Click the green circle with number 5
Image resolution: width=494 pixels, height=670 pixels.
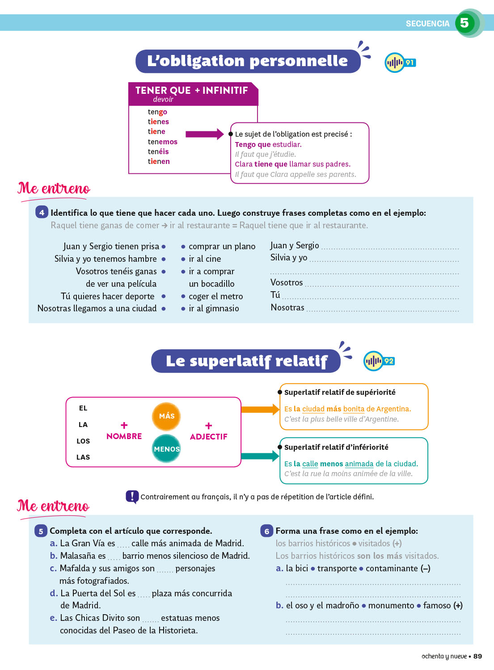[465, 23]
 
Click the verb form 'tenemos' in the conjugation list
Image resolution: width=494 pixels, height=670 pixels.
[162, 142]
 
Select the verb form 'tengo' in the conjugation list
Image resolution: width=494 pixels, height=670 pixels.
[157, 112]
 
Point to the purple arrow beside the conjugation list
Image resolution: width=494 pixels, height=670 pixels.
[204, 134]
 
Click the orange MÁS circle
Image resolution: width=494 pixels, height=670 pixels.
[166, 416]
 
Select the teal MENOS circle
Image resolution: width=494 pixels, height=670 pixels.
[166, 448]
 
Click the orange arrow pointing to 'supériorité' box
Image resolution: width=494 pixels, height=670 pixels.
[260, 409]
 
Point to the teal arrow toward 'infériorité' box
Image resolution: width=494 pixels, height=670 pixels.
[260, 456]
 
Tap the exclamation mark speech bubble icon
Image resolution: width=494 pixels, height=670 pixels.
[132, 496]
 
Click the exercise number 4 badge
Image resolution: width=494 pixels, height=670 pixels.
[42, 212]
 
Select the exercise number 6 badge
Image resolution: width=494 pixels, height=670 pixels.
[266, 531]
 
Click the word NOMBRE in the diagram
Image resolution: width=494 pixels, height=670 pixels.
[124, 436]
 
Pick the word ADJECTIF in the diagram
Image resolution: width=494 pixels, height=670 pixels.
[208, 436]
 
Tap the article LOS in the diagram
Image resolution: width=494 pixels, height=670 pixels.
[83, 441]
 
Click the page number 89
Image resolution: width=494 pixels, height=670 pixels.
[477, 656]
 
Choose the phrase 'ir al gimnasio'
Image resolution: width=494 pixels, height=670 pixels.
[214, 308]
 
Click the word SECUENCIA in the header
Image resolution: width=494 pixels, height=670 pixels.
[427, 24]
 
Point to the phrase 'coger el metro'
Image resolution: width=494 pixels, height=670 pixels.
[215, 296]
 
